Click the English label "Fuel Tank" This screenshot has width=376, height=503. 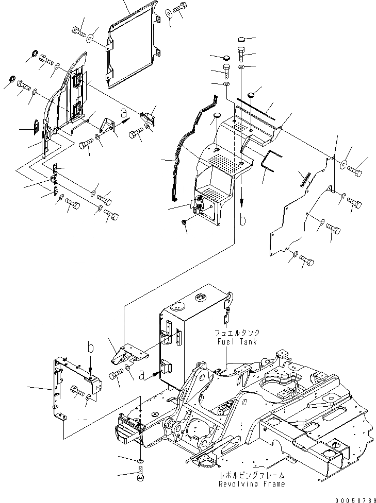click(235, 341)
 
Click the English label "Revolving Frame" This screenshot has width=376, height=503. click(251, 484)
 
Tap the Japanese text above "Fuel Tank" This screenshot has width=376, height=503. click(235, 333)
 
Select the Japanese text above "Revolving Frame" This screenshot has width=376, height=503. click(251, 476)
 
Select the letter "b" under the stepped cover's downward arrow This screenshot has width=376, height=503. click(243, 220)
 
